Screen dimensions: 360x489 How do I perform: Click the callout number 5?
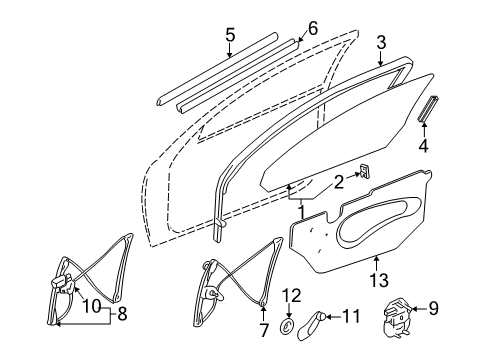230,37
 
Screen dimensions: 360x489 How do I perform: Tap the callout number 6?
311,29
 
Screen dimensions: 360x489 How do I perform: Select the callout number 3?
380,42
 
